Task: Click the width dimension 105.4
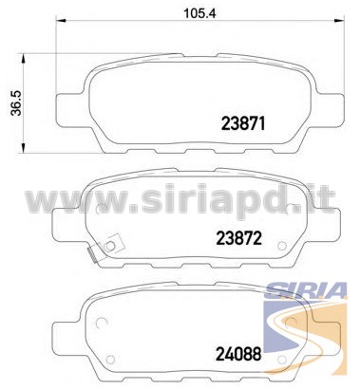coord(199,13)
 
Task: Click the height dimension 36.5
coord(16,102)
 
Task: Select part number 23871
coord(243,123)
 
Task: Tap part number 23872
coord(239,238)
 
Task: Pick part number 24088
coord(238,354)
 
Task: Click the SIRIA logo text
coord(306,290)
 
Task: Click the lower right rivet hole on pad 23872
coord(281,246)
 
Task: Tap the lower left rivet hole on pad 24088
coord(110,360)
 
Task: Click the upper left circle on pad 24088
coord(102,323)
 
